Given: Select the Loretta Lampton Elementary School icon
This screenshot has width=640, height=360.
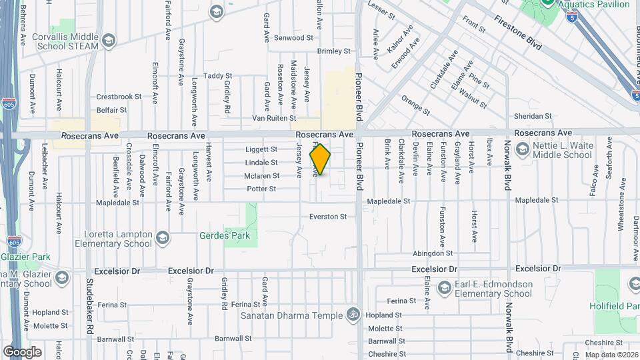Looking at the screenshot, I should pos(163,238).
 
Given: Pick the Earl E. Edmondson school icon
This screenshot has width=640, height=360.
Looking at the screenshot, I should pos(443,288).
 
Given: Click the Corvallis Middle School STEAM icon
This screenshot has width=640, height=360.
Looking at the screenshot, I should pos(108,40).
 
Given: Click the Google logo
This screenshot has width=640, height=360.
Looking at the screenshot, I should pos(22,352).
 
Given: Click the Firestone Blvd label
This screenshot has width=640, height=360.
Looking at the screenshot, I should pos(518,31).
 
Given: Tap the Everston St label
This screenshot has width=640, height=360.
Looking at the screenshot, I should pos(328,217).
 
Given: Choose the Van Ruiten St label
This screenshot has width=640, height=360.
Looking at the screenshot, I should pos(273,118).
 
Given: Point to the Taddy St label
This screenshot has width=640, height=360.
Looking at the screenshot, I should pos(217,76).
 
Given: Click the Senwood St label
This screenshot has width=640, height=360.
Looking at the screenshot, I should pos(293,38).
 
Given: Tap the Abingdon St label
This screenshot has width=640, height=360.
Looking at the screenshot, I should pos(433,253).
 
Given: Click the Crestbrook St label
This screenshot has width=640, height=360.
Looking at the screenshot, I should pos(119,96).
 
